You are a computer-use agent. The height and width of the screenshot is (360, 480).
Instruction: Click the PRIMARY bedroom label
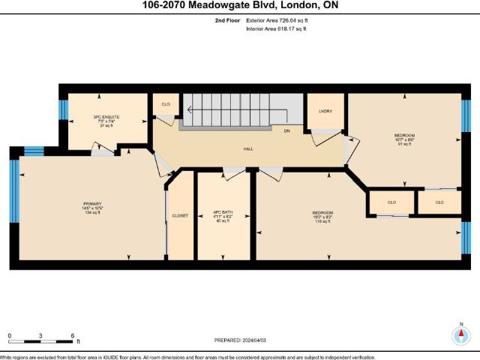[x=92, y=203]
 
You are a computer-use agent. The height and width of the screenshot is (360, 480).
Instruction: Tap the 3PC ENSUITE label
[x=106, y=116]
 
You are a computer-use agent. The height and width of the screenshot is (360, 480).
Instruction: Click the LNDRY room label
[x=325, y=112]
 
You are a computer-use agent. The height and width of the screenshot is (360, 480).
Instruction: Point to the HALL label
[x=247, y=148]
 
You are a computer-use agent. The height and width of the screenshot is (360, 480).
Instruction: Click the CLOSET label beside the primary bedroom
[x=180, y=215]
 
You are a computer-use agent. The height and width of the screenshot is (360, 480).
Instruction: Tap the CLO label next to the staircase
[x=164, y=104]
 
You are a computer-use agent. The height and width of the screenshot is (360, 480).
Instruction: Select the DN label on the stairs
[x=286, y=130]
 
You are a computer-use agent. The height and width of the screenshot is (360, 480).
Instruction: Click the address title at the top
[x=239, y=6]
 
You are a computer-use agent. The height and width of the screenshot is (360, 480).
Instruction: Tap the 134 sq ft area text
[x=92, y=213]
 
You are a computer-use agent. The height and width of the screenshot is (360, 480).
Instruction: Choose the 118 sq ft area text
[x=323, y=222]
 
